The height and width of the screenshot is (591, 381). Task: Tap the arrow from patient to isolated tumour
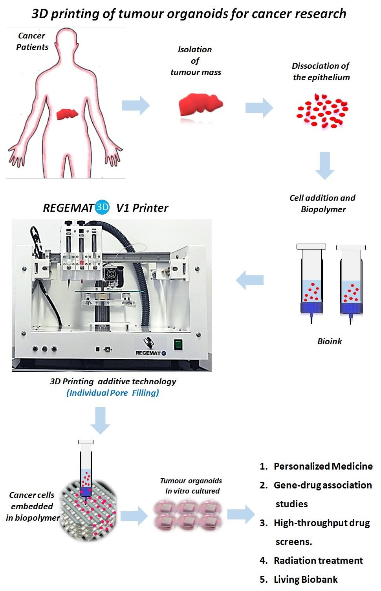(136, 106)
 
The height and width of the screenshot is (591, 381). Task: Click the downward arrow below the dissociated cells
(324, 165)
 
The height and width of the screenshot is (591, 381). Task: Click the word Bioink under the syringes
(329, 341)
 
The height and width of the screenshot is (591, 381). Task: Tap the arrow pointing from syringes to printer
(249, 280)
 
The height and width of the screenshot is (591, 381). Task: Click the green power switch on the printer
(178, 345)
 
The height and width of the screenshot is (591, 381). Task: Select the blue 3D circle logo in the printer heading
(103, 207)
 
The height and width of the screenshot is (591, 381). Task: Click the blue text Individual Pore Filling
(113, 393)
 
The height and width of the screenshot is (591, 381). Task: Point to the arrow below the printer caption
(101, 420)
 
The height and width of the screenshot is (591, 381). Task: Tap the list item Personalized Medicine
(323, 466)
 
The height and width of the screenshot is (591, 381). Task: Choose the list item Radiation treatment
(318, 561)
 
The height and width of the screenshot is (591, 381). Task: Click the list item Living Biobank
(306, 580)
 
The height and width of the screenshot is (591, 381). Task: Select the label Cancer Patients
(32, 41)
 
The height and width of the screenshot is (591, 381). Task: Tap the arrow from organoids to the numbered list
(241, 514)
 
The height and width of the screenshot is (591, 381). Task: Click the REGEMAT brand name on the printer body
(148, 353)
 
